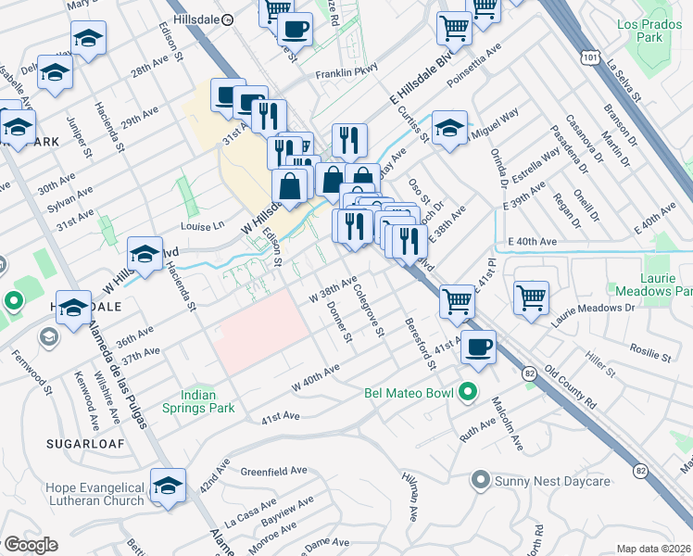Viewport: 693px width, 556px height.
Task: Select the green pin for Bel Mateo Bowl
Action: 468,392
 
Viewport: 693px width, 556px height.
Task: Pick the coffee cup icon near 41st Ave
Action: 478,347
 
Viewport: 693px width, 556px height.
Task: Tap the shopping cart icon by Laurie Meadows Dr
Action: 531,297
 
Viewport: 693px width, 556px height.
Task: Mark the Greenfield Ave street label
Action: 274,471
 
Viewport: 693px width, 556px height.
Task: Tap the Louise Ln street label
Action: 205,225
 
